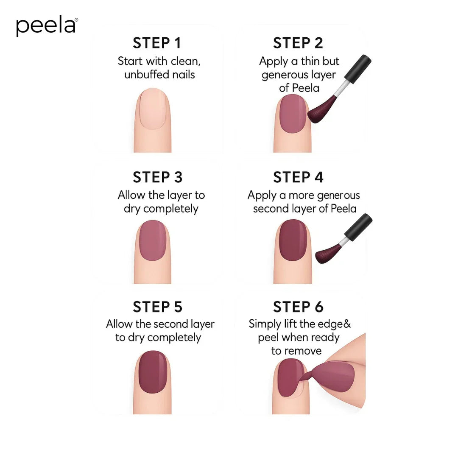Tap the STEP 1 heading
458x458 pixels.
point(157,43)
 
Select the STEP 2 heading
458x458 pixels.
point(298,43)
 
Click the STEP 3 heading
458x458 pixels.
point(157,177)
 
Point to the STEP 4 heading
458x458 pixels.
point(298,177)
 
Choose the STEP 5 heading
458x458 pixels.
point(157,307)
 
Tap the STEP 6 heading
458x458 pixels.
point(298,307)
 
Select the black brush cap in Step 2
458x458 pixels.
point(358,67)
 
